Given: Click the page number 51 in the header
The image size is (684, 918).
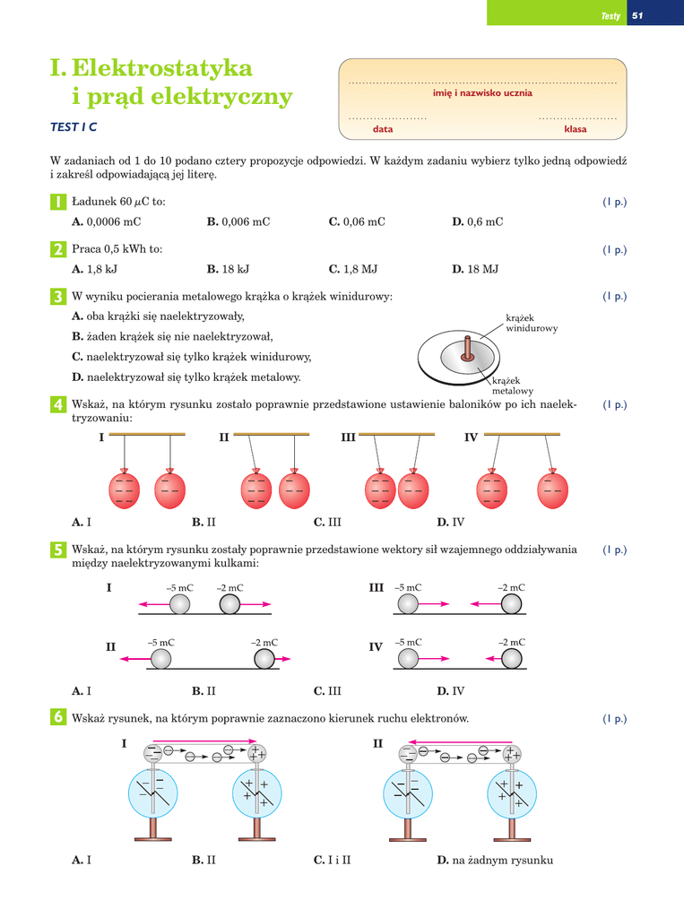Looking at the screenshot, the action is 638,16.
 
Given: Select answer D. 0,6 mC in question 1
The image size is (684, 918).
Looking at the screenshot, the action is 477,221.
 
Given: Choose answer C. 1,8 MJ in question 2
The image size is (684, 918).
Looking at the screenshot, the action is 352,268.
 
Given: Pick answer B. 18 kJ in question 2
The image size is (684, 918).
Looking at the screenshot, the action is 228,268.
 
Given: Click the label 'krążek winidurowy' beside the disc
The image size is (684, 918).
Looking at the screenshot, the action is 532,324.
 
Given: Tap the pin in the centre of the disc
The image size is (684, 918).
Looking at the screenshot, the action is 465,350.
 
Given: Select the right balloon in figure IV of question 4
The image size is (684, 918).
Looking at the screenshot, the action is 552,489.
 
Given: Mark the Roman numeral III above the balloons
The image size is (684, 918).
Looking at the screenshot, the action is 349,437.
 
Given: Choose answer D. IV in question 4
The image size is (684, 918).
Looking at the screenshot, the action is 450,522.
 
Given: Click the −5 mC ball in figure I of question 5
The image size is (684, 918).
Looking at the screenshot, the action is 180,604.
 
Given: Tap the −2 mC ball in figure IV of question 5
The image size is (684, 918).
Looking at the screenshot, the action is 512,660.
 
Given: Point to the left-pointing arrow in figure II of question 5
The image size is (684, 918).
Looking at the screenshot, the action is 134,660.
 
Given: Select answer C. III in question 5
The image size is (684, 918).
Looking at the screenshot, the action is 327,691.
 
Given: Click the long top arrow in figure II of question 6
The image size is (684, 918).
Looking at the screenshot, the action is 458,741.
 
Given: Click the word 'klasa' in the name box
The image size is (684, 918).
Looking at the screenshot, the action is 575,129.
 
